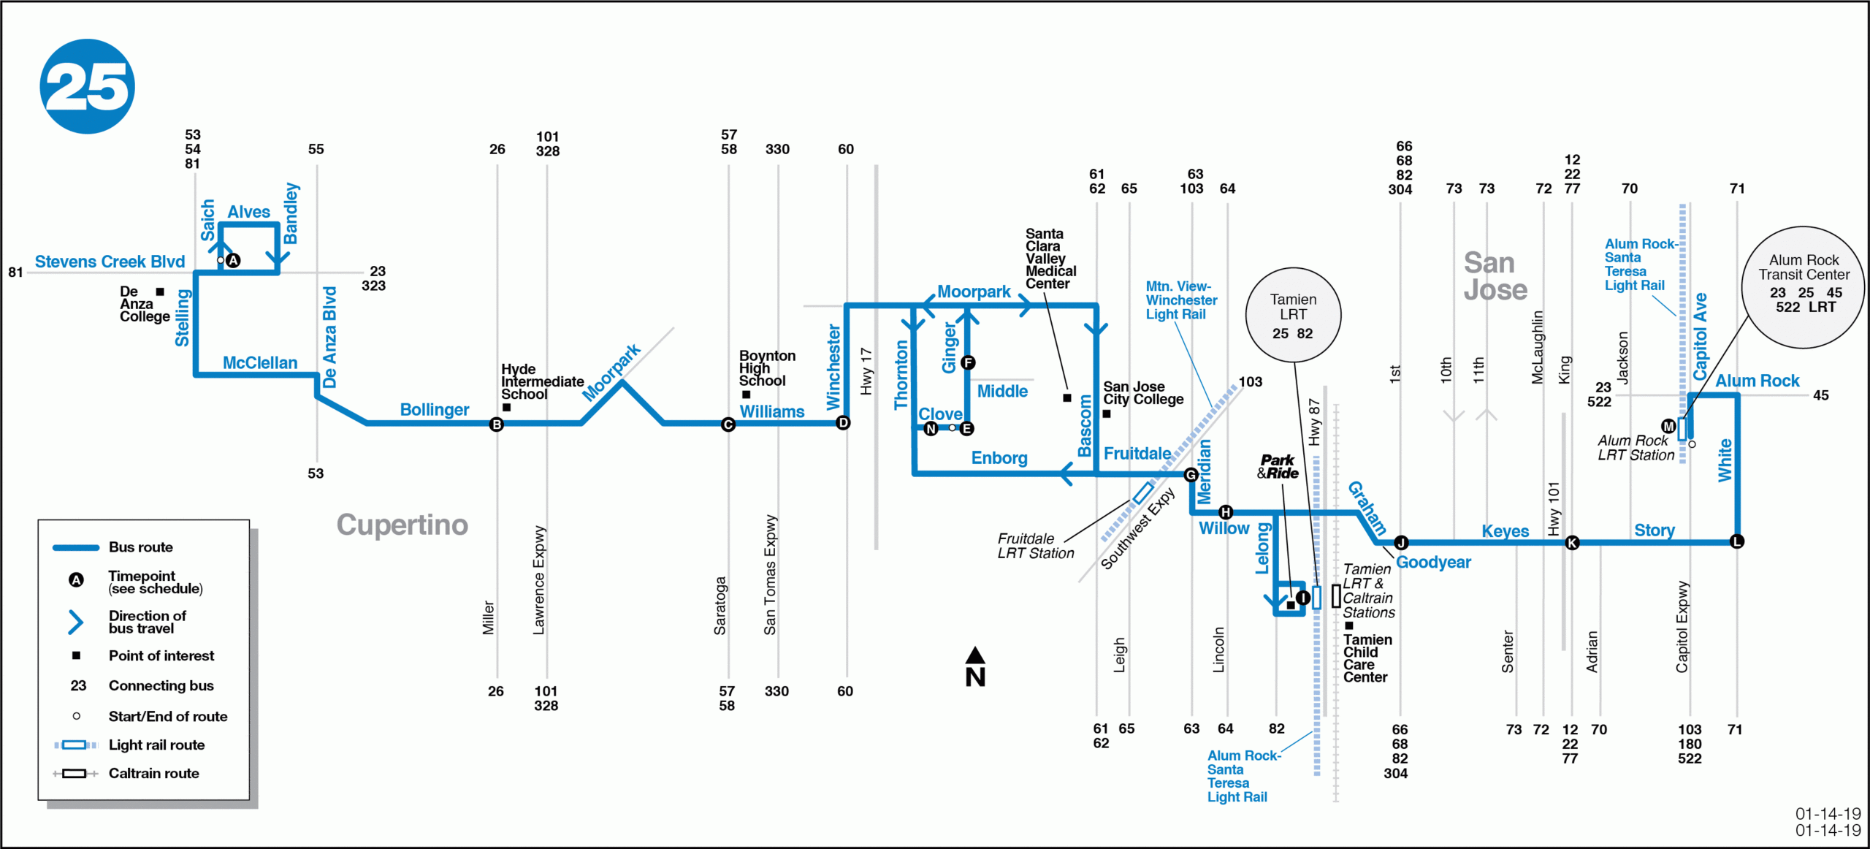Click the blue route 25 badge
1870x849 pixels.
(x=87, y=86)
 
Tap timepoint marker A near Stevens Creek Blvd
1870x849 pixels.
(x=233, y=260)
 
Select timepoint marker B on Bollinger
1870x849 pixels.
(x=497, y=424)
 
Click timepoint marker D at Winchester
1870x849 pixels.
(x=843, y=422)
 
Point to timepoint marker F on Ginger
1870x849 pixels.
(x=968, y=362)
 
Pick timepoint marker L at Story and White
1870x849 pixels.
(x=1737, y=541)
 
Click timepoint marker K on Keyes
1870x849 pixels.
(x=1573, y=542)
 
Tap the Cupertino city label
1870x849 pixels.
(x=402, y=525)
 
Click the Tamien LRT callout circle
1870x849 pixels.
(x=1293, y=315)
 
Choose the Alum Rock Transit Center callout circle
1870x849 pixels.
(x=1803, y=286)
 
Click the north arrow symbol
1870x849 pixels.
(x=975, y=667)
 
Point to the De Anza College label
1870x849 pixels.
(x=144, y=304)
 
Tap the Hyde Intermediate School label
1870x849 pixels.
(x=541, y=381)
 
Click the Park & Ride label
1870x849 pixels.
(x=1278, y=467)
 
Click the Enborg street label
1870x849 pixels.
(x=999, y=458)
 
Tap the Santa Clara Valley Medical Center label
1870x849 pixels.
(x=1050, y=259)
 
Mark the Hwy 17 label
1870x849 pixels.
(x=866, y=371)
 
